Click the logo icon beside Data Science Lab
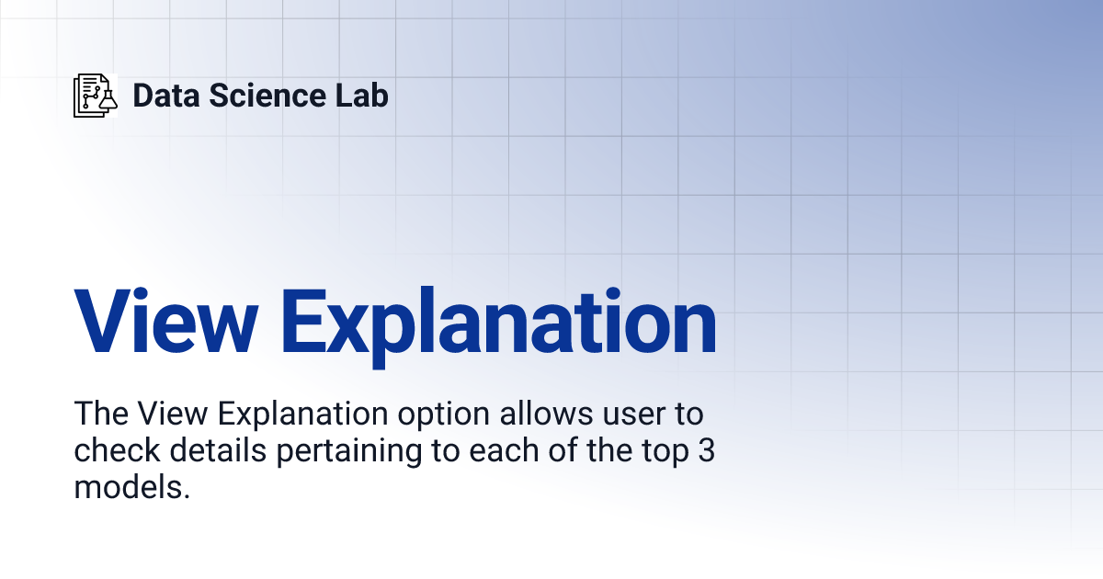pyautogui.click(x=96, y=96)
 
